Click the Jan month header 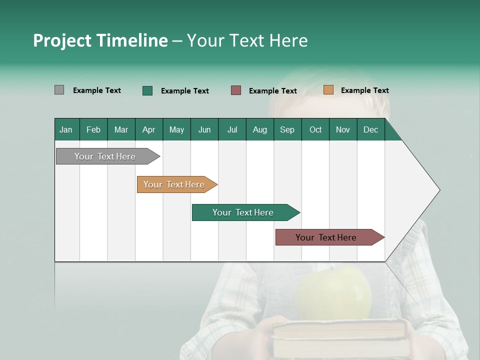coord(66,129)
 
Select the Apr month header coord(148,129)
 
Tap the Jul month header coord(232,129)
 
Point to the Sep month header coord(287,129)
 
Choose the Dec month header coord(370,129)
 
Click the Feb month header coord(93,129)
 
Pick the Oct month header coord(315,129)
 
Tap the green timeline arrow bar coord(243,212)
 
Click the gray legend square coord(59,90)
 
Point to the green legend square coord(147,90)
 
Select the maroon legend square coord(236,90)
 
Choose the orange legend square coord(328,90)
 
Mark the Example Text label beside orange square coord(364,90)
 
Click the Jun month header coord(204,129)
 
